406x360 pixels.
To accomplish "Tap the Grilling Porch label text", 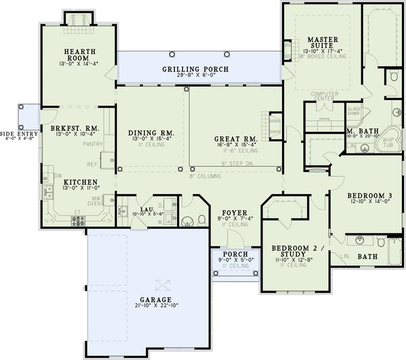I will coord(195,70).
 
